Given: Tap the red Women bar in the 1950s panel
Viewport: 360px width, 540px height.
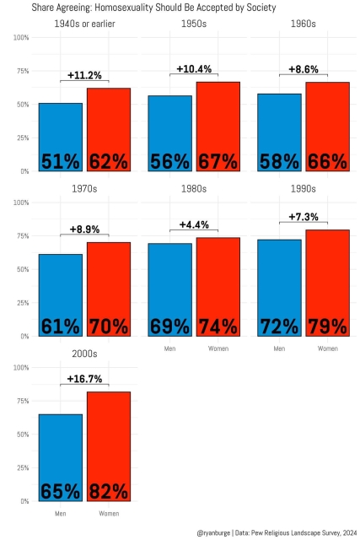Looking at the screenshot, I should pyautogui.click(x=218, y=127).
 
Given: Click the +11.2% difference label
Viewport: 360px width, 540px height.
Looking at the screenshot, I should pyautogui.click(x=84, y=75).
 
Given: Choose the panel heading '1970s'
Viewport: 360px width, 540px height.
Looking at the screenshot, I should pyautogui.click(x=84, y=189).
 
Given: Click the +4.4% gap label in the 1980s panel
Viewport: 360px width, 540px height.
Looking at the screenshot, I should pyautogui.click(x=194, y=224).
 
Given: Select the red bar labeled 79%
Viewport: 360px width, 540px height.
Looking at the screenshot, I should pyautogui.click(x=328, y=283).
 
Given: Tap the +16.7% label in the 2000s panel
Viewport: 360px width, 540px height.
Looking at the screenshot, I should pyautogui.click(x=84, y=379).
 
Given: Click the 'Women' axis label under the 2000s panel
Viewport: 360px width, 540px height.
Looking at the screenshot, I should pyautogui.click(x=109, y=513).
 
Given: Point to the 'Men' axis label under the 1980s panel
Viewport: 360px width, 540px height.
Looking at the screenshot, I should pyautogui.click(x=169, y=348).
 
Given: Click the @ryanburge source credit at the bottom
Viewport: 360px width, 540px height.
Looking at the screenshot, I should pyautogui.click(x=275, y=532).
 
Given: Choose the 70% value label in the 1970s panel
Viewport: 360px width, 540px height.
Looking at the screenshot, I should pyautogui.click(x=109, y=326).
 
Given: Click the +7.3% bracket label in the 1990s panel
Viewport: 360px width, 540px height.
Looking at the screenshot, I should pyautogui.click(x=304, y=217).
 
